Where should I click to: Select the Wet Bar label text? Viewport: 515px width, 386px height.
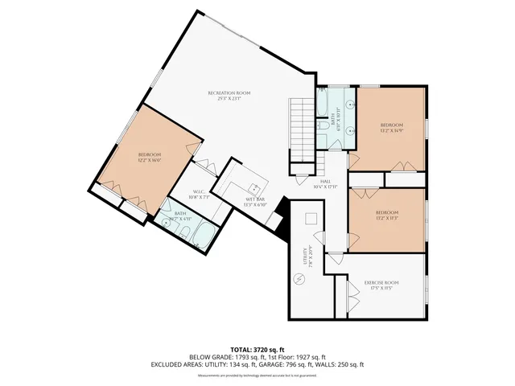click(x=256, y=202)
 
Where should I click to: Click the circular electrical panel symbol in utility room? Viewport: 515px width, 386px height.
click(x=300, y=279)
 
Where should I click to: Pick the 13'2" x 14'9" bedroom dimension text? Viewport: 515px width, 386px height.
click(x=392, y=130)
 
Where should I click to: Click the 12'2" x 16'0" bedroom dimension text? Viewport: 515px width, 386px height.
click(x=150, y=160)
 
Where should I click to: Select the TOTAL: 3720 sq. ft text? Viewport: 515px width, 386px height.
click(x=257, y=349)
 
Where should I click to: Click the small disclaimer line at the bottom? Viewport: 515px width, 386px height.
click(x=257, y=375)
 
